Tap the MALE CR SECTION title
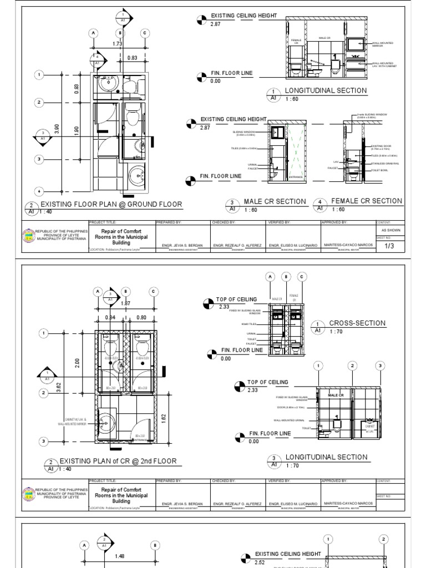point(275,201)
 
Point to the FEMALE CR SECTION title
point(366,201)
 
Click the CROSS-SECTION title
point(357,323)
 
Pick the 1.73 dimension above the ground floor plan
point(117,43)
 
